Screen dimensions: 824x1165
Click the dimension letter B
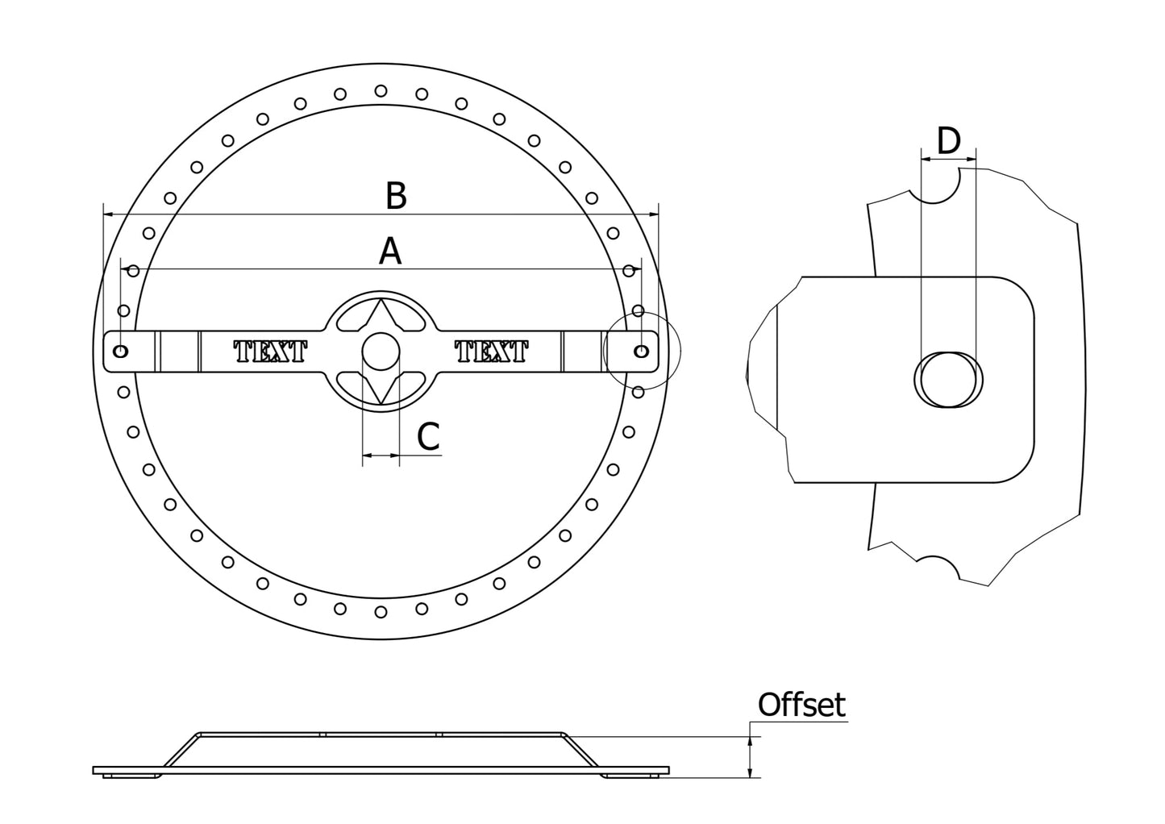pyautogui.click(x=395, y=196)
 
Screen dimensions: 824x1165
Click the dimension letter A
pyautogui.click(x=390, y=252)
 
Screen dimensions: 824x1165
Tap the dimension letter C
pyautogui.click(x=428, y=437)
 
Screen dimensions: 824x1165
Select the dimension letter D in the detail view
pyautogui.click(x=949, y=141)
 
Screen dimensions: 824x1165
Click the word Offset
pyautogui.click(x=801, y=705)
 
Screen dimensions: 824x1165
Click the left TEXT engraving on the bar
pyautogui.click(x=270, y=352)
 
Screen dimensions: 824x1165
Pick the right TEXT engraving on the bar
pyautogui.click(x=491, y=352)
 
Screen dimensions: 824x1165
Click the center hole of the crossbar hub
pyautogui.click(x=381, y=352)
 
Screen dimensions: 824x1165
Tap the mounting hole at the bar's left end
pyautogui.click(x=121, y=352)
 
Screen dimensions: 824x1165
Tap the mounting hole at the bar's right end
pyautogui.click(x=642, y=352)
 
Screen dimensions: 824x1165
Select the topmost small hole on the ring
pyautogui.click(x=381, y=90)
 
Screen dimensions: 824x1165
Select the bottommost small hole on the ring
pyautogui.click(x=381, y=613)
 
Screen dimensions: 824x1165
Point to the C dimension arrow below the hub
pyautogui.click(x=381, y=456)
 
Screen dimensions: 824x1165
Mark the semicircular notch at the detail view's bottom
pyautogui.click(x=938, y=566)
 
